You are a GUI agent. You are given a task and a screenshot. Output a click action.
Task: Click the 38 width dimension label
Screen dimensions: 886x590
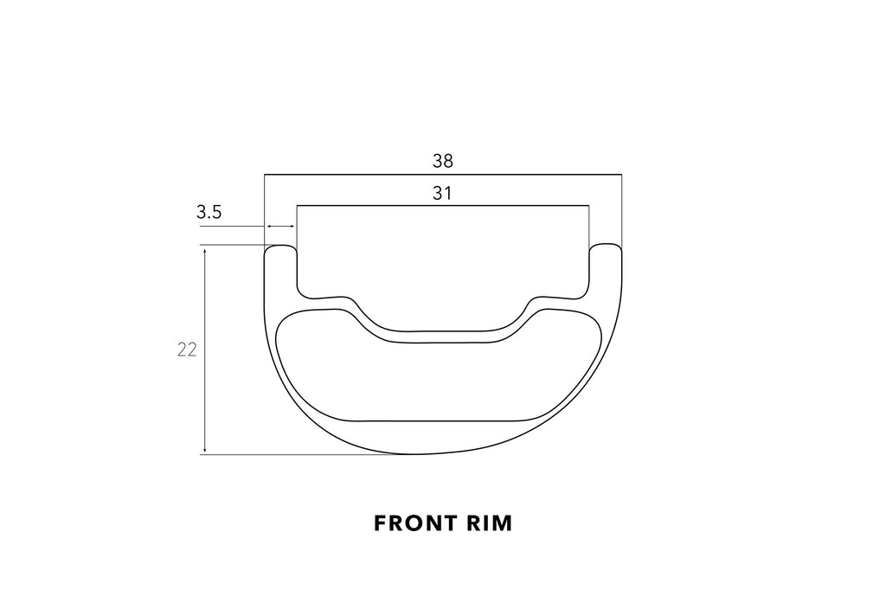(x=443, y=161)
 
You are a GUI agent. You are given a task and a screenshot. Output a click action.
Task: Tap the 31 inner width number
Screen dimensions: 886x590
(x=442, y=193)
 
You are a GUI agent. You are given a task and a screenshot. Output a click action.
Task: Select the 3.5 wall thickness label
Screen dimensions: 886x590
(x=209, y=213)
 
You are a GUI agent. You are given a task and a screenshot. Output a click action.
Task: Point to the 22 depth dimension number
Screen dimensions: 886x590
(x=187, y=350)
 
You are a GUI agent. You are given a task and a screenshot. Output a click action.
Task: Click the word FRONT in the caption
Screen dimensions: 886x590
(x=414, y=523)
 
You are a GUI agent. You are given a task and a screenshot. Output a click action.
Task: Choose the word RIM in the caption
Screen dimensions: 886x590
(x=490, y=523)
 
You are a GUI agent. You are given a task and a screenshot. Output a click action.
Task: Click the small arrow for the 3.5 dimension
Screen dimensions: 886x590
(x=280, y=227)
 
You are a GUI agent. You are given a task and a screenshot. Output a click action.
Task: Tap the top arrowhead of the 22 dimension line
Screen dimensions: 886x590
(x=205, y=249)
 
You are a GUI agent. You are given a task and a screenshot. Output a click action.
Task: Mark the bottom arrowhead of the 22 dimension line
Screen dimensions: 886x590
(x=205, y=450)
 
